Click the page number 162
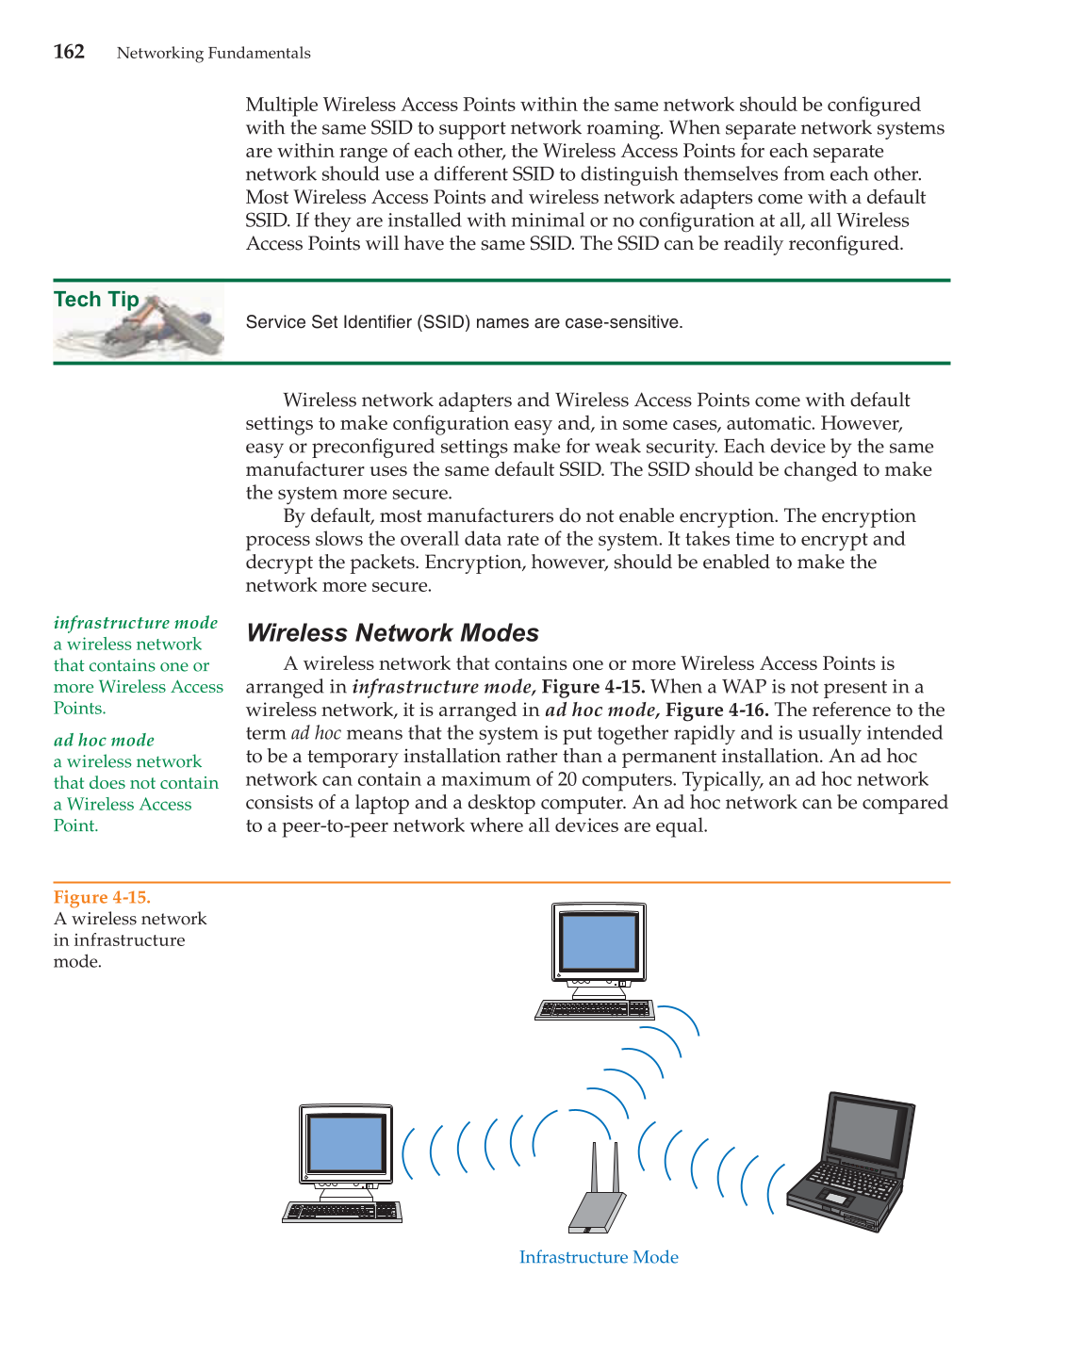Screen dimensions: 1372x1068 [x=69, y=52]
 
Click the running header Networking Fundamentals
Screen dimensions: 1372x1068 [x=213, y=54]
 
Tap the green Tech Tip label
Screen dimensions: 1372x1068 [x=96, y=300]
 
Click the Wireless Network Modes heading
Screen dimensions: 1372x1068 [x=392, y=633]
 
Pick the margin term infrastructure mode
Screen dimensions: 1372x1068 [x=136, y=623]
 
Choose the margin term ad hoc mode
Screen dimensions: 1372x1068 [x=104, y=741]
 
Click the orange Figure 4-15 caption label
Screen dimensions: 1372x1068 [x=102, y=897]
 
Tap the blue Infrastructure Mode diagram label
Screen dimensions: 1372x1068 [x=599, y=1257]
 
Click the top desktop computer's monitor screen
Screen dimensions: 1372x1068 [x=599, y=942]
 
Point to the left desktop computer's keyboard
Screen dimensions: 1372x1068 [x=342, y=1212]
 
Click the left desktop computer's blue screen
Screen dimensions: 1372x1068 [x=346, y=1143]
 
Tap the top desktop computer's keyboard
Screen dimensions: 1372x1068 [x=595, y=1009]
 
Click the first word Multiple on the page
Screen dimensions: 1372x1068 [x=282, y=105]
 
